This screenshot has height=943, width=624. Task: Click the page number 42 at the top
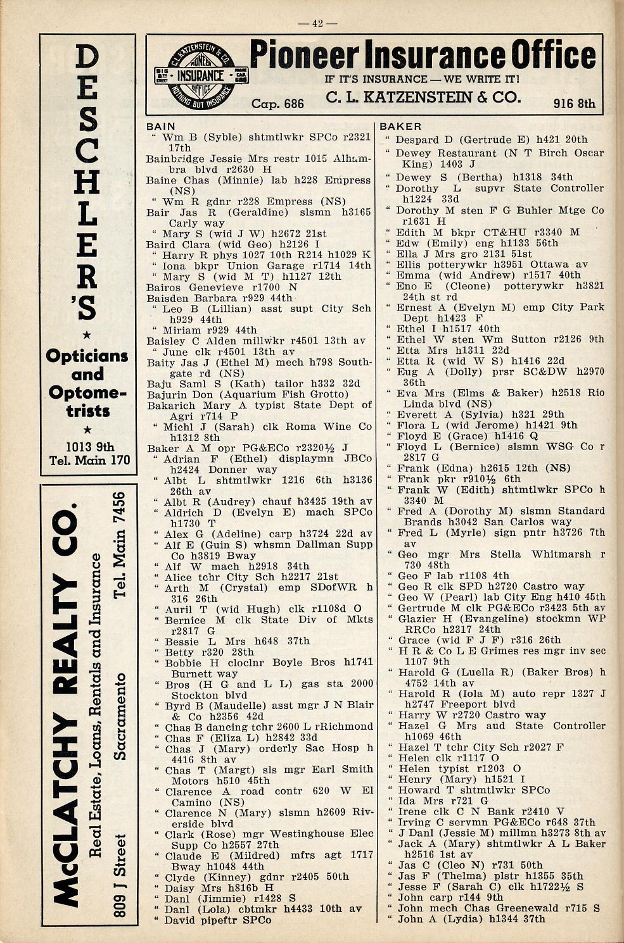[x=317, y=23]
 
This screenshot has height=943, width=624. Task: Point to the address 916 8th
[x=573, y=104]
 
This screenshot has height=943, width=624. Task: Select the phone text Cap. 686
[x=277, y=104]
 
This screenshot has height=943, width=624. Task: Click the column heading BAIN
[x=160, y=127]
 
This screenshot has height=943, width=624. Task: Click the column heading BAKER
[x=400, y=127]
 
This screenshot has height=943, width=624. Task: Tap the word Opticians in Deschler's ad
[x=87, y=356]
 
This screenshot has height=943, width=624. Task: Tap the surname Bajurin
[x=166, y=394]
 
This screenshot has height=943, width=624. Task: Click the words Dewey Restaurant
[x=441, y=153]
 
